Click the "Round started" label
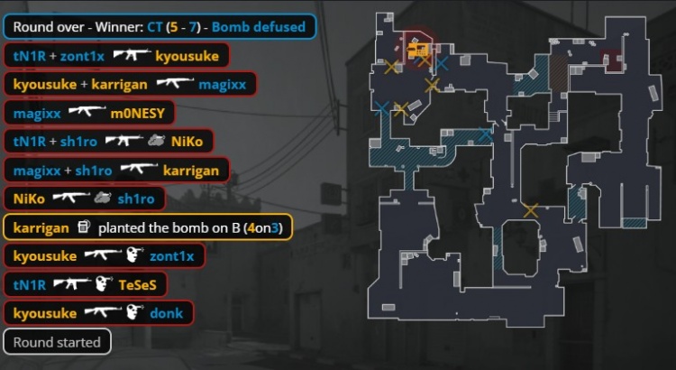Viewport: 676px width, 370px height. coord(57,342)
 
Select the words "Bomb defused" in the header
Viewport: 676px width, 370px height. coord(259,27)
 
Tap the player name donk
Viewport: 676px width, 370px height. coord(167,313)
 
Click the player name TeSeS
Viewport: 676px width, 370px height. coord(138,284)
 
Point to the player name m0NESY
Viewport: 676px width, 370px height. coord(138,113)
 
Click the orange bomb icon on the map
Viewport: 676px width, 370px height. coord(417,50)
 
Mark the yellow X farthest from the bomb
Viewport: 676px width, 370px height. coord(531,210)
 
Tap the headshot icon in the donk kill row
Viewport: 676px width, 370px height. coord(135,312)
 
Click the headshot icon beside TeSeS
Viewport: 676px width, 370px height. coord(104,284)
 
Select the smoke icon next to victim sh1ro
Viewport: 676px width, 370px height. coord(103,199)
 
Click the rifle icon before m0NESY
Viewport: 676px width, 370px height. coord(87,111)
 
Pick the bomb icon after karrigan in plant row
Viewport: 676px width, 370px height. coord(84,227)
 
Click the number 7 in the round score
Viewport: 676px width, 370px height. coord(192,27)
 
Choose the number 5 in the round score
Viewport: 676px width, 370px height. coord(174,27)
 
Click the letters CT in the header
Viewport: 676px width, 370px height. coord(155,27)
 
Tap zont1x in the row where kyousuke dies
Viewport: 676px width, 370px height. coord(82,56)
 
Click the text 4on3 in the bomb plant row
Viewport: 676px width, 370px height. coord(263,227)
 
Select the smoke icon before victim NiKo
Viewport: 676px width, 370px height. coord(156,140)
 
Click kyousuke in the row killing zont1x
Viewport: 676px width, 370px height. coord(45,256)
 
